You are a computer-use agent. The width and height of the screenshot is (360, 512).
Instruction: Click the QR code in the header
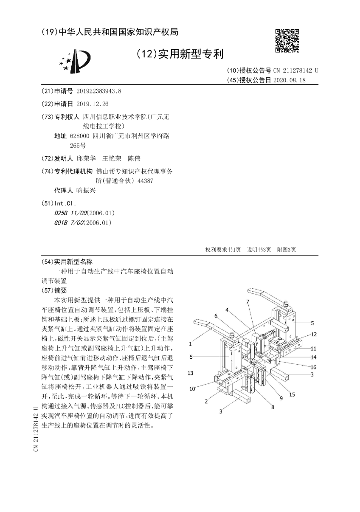pos(287,41)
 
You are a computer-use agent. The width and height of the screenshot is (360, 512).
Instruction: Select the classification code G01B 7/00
pos(67,222)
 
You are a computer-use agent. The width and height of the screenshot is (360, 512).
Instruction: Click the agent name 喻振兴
pos(86,191)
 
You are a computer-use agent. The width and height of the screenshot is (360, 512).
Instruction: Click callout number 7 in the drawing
pos(247,301)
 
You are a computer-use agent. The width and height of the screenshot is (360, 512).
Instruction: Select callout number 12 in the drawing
pos(313,334)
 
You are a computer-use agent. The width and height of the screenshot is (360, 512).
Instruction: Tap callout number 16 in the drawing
pos(313,366)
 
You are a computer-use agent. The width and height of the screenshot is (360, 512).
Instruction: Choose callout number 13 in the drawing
pos(191,373)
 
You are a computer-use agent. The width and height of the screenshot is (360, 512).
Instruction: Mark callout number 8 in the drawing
pos(273,408)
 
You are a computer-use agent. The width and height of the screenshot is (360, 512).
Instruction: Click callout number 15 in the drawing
pos(292,394)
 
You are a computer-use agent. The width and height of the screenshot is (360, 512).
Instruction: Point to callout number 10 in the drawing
pos(192,388)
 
